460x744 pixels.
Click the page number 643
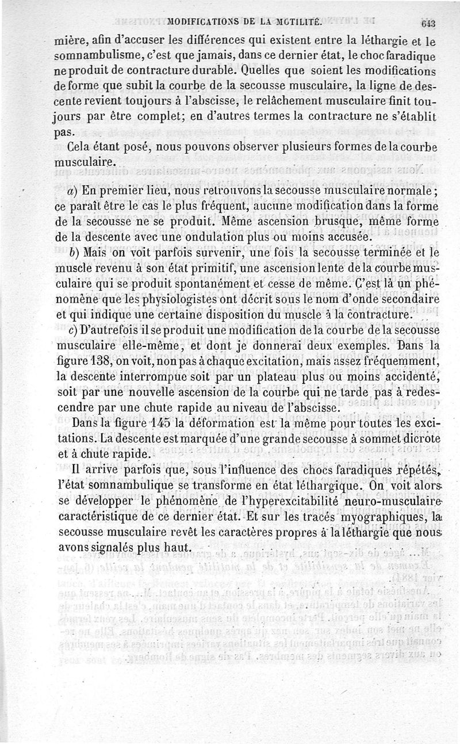[429, 24]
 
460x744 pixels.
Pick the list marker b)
[73, 251]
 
